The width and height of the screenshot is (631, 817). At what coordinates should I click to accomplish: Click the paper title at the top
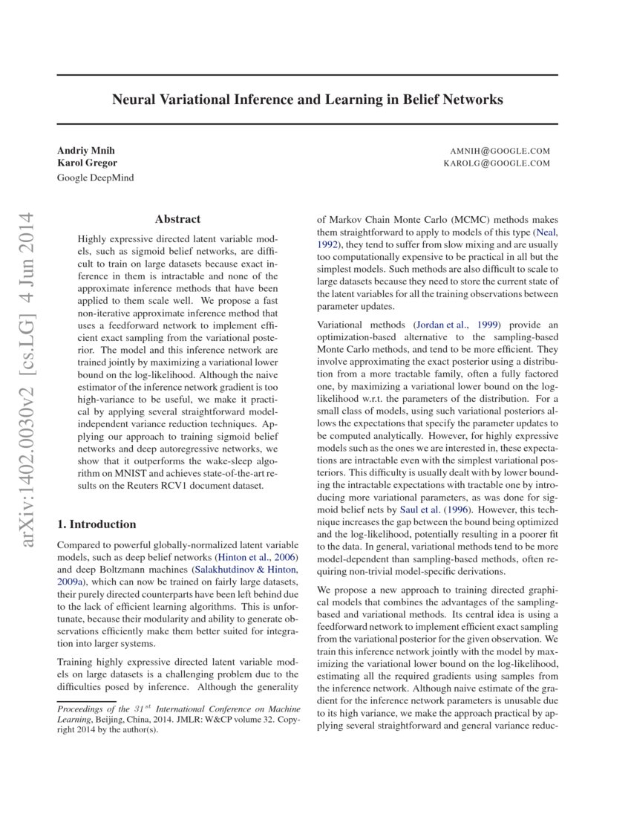307,100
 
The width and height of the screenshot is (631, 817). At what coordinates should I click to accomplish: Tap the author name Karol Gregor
87,163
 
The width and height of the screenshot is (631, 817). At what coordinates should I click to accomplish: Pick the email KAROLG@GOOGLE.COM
497,163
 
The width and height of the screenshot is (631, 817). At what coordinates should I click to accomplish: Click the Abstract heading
177,219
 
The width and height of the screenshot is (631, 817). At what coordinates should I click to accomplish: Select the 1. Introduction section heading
97,524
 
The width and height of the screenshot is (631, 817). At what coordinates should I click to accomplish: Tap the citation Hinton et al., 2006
255,556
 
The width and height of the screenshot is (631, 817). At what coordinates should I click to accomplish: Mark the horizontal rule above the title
307,75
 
